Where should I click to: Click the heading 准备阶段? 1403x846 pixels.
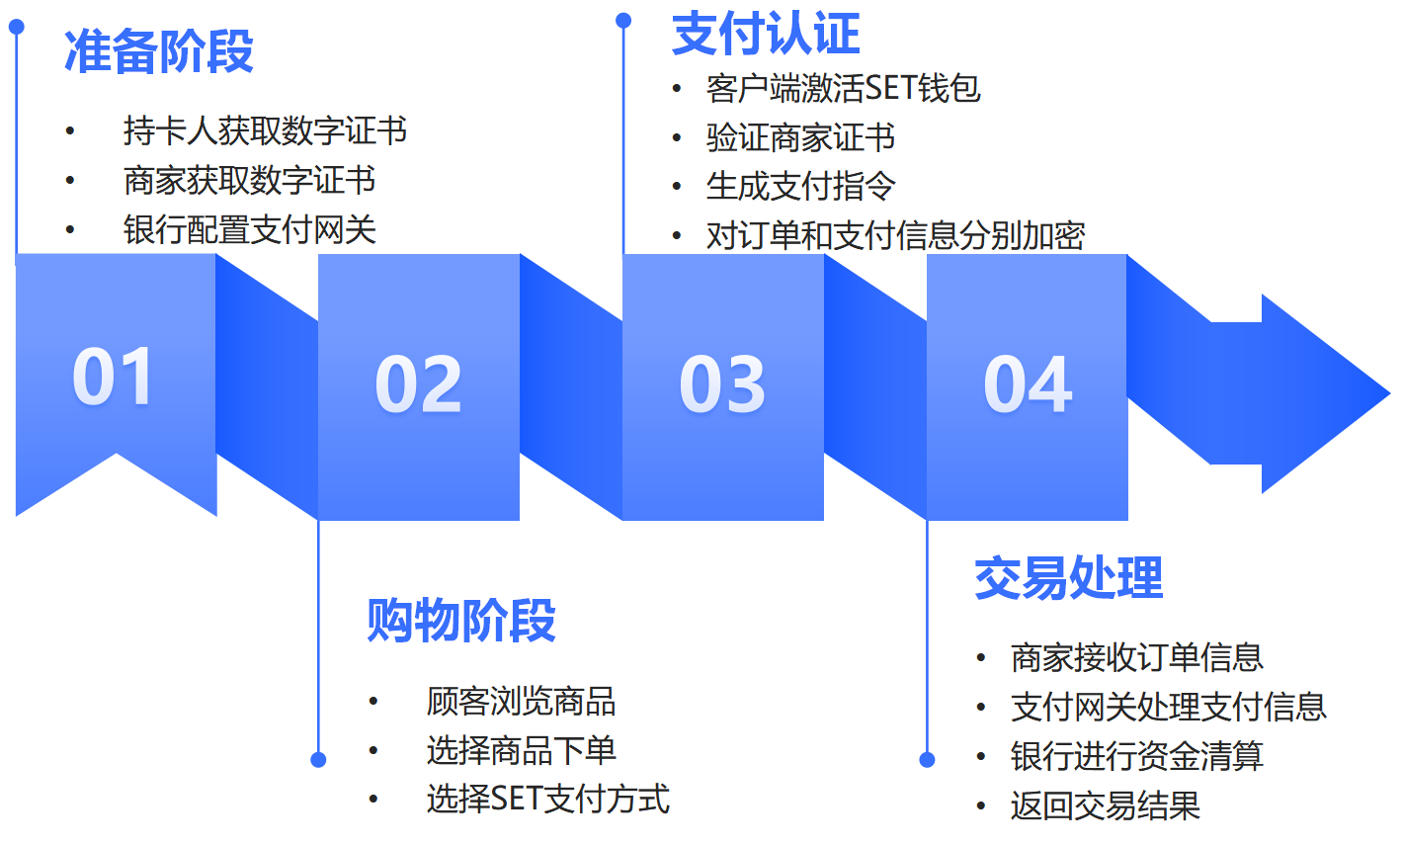point(158,51)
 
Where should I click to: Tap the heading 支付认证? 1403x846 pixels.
point(766,34)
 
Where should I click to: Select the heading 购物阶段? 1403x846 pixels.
point(461,620)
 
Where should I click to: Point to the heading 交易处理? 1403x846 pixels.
point(1068,578)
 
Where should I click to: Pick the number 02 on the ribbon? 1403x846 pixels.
point(418,383)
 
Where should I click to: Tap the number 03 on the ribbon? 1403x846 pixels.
point(722,383)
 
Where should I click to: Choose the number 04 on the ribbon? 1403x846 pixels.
point(1028,383)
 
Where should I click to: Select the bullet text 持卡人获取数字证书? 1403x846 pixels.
point(265,131)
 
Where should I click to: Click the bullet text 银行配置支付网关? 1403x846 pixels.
point(249,229)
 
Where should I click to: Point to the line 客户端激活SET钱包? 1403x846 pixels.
point(843,88)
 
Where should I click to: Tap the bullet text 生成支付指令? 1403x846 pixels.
point(800,186)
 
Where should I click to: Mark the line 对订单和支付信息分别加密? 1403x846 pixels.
point(896,235)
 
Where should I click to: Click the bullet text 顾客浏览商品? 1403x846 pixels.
point(521,702)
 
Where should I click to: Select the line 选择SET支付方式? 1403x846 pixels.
point(548,799)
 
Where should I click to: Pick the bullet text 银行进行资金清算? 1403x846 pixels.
point(1137,756)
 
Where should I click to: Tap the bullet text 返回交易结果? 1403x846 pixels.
point(1105,805)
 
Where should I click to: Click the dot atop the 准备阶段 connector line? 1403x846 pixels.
point(17,27)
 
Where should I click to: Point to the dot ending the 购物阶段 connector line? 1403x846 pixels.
point(318,760)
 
